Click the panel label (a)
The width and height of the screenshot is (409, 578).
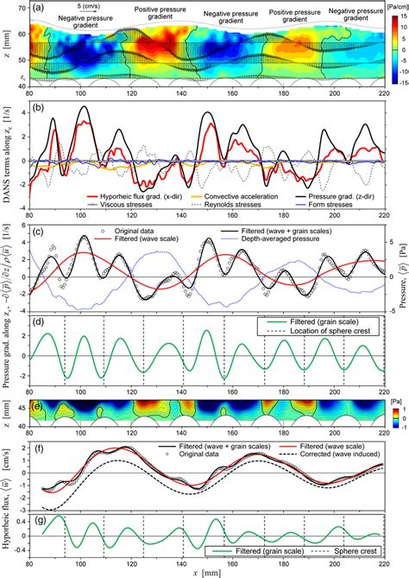click(37, 8)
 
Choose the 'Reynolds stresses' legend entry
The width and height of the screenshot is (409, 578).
click(217, 207)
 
